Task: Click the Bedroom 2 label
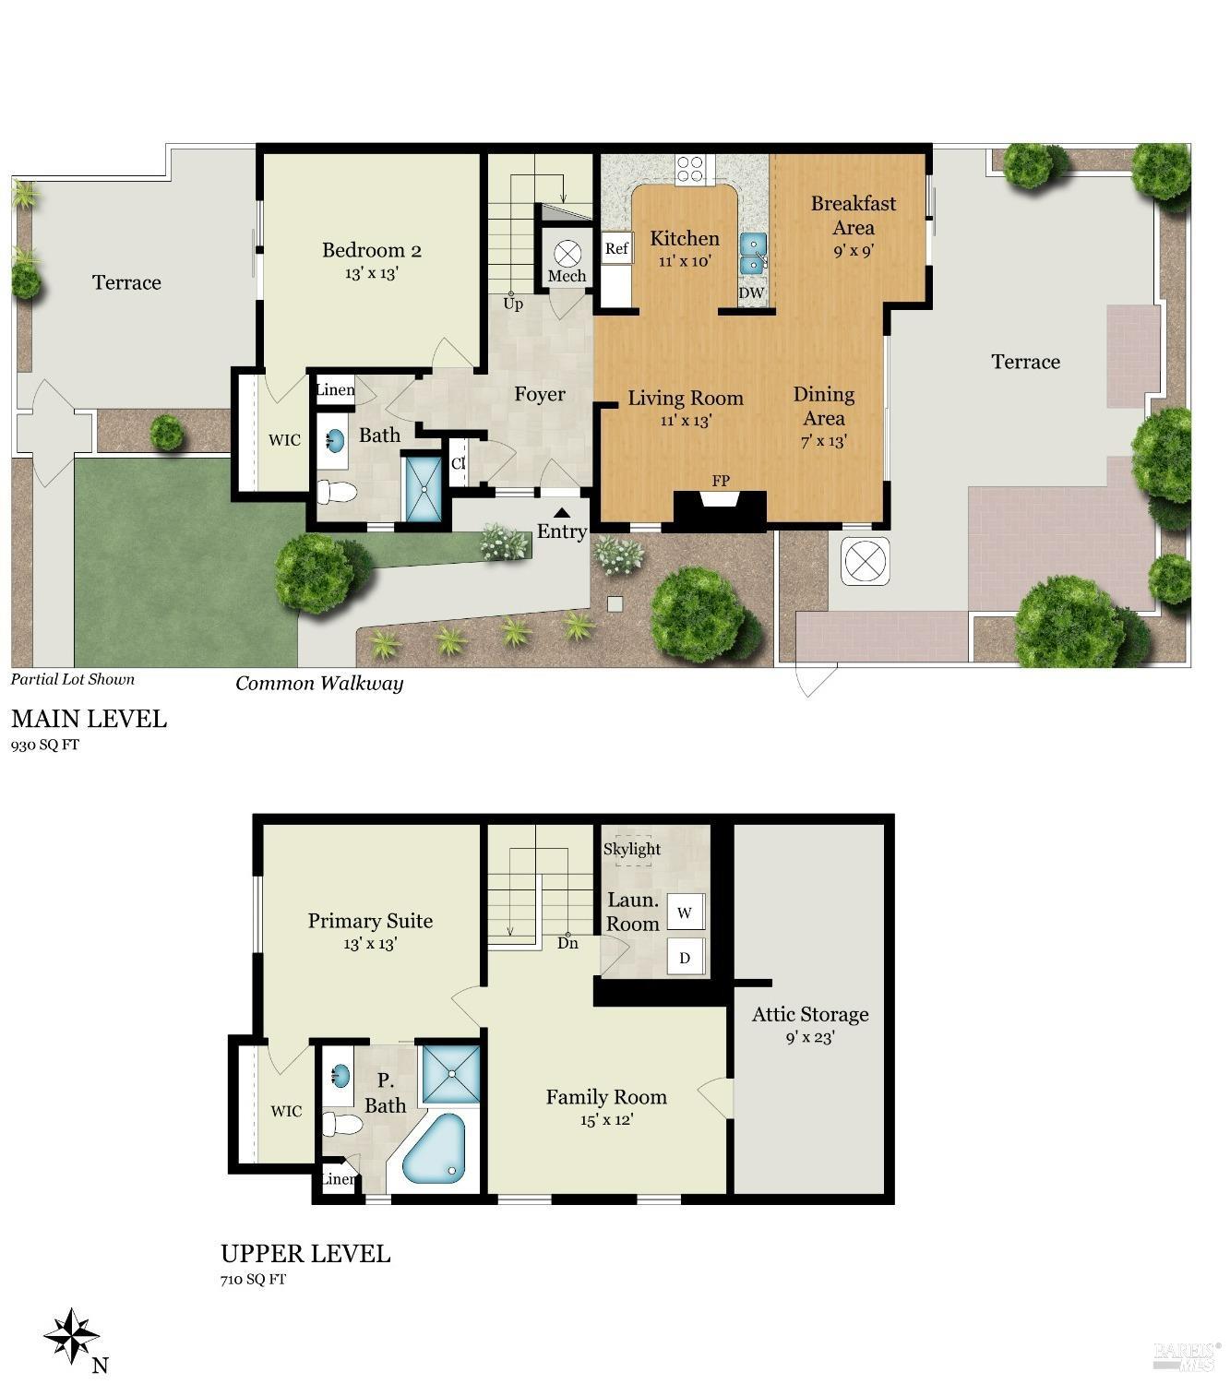coord(371,250)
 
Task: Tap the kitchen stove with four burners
coord(690,168)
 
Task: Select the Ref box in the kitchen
coord(616,248)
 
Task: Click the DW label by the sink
coord(751,293)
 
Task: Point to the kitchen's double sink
coord(753,254)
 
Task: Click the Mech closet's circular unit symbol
coord(567,252)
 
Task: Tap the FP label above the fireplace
coord(720,481)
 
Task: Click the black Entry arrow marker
coord(562,513)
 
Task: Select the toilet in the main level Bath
coord(337,492)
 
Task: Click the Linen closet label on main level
coord(334,390)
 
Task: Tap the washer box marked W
coord(685,913)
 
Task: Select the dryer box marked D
coord(685,958)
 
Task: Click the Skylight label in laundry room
coord(632,849)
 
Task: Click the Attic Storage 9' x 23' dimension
coord(809,1037)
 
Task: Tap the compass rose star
coord(71,1335)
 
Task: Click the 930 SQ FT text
coord(44,745)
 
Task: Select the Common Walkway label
coord(319,684)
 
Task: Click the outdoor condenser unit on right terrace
coord(866,560)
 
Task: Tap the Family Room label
coord(605,1097)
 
